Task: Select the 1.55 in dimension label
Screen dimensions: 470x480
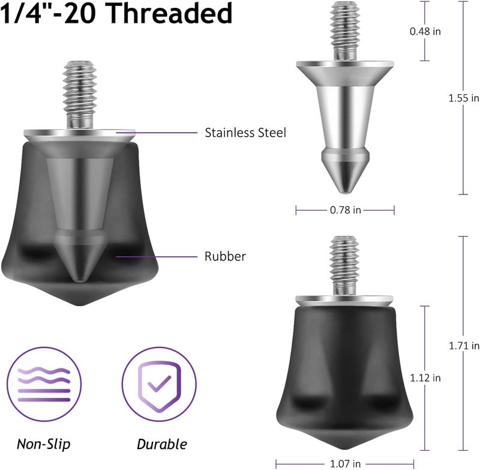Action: click(x=464, y=98)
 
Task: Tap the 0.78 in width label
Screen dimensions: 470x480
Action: click(x=345, y=209)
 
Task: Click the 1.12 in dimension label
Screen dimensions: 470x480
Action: click(x=425, y=378)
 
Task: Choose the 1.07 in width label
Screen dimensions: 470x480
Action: click(x=345, y=463)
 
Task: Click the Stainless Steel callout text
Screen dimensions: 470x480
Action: click(x=245, y=132)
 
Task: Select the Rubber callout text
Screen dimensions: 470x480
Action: click(x=225, y=256)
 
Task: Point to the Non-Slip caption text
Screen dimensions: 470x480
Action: click(x=43, y=444)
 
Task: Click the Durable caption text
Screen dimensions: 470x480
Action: click(x=161, y=444)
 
